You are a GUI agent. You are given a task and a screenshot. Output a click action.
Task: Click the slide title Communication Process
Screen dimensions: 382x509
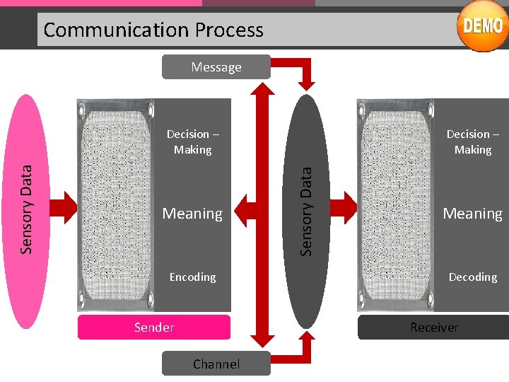point(153,30)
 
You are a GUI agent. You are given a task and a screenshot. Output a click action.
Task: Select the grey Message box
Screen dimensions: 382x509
point(216,67)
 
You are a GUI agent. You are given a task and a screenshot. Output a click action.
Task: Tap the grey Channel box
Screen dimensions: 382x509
point(216,364)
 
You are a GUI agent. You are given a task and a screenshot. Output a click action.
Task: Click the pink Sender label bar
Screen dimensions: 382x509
point(154,327)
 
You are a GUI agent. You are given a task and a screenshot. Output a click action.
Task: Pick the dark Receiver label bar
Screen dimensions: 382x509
point(433,327)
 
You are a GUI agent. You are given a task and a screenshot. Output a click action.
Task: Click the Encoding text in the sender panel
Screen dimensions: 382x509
point(192,277)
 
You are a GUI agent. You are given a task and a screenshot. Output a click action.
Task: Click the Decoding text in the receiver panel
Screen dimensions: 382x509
point(472,277)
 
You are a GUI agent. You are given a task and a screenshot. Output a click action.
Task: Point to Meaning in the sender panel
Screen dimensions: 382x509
point(192,213)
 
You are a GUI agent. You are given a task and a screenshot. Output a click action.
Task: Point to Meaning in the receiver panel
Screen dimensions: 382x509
point(472,213)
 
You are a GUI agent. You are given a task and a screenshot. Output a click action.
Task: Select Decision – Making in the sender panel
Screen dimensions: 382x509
point(192,141)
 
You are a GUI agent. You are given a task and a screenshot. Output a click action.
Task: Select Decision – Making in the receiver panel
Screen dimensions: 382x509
point(472,141)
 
